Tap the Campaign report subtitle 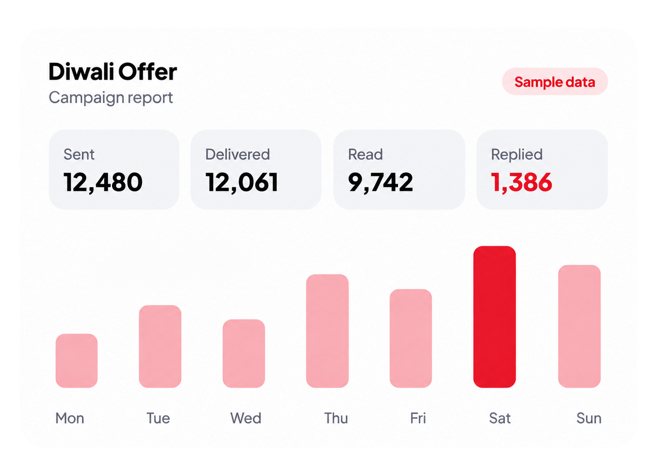click(x=111, y=98)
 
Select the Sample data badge click(x=555, y=81)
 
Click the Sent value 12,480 click(x=103, y=182)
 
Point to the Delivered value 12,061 click(x=242, y=182)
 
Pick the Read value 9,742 click(x=380, y=182)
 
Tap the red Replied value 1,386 click(x=521, y=182)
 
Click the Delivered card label click(x=238, y=154)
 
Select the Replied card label click(x=517, y=155)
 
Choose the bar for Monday click(x=77, y=361)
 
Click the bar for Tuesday click(x=160, y=346)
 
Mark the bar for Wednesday click(x=244, y=353)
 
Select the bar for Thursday click(x=327, y=331)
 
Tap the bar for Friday click(x=411, y=338)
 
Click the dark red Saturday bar click(x=495, y=317)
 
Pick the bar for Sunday click(x=579, y=326)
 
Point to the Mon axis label click(x=70, y=418)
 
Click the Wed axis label click(x=246, y=418)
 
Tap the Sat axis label click(x=500, y=418)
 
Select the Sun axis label click(x=589, y=418)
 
